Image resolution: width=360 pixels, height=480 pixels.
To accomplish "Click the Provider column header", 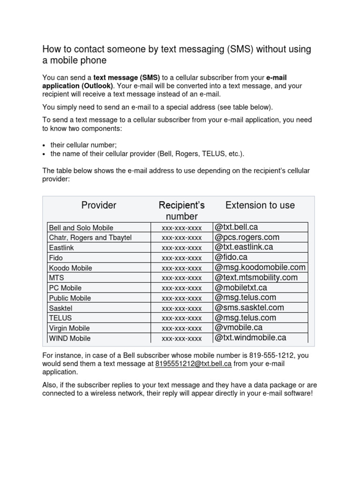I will pos(99,205).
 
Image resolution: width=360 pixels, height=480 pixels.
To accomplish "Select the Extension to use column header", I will pos(260,205).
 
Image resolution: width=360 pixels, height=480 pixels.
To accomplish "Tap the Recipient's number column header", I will pos(182,211).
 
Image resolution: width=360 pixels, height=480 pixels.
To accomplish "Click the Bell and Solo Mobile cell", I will pos(81,228).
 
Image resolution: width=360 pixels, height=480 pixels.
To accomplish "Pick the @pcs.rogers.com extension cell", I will pos(247,237).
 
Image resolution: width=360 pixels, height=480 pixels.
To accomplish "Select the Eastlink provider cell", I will pos(61,247).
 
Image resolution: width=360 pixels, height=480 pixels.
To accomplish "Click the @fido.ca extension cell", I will pos(231,257).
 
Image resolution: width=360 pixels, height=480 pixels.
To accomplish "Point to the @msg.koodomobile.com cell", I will pos(260,268).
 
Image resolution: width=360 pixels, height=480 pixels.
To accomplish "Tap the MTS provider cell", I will pos(56,278).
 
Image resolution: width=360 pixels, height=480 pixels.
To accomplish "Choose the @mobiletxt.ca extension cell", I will pos(241,288).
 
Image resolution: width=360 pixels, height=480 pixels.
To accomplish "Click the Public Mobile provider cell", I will pos(70,298).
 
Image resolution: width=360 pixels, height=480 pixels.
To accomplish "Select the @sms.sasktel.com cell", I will pos(249,308).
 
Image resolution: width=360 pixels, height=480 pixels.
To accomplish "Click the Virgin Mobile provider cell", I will pos(69,328).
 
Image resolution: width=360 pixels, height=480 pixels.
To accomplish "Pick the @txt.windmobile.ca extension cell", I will pos(250,338).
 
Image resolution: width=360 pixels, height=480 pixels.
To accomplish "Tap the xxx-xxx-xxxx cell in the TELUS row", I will pos(182,318).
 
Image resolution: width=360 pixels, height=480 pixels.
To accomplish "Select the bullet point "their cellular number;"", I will pos(83,145).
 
